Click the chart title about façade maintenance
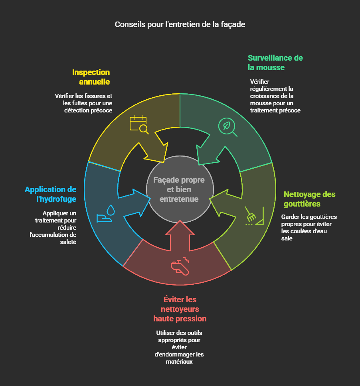click(x=180, y=24)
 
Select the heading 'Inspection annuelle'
click(x=91, y=77)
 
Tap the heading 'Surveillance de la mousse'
click(x=275, y=63)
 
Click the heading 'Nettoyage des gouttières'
click(x=309, y=199)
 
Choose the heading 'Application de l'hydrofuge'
click(x=51, y=194)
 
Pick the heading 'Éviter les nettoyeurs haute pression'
click(x=180, y=309)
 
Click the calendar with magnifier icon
click(x=139, y=124)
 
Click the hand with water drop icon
click(x=106, y=215)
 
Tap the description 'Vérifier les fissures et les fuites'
click(x=83, y=103)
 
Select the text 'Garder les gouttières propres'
click(x=309, y=227)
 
